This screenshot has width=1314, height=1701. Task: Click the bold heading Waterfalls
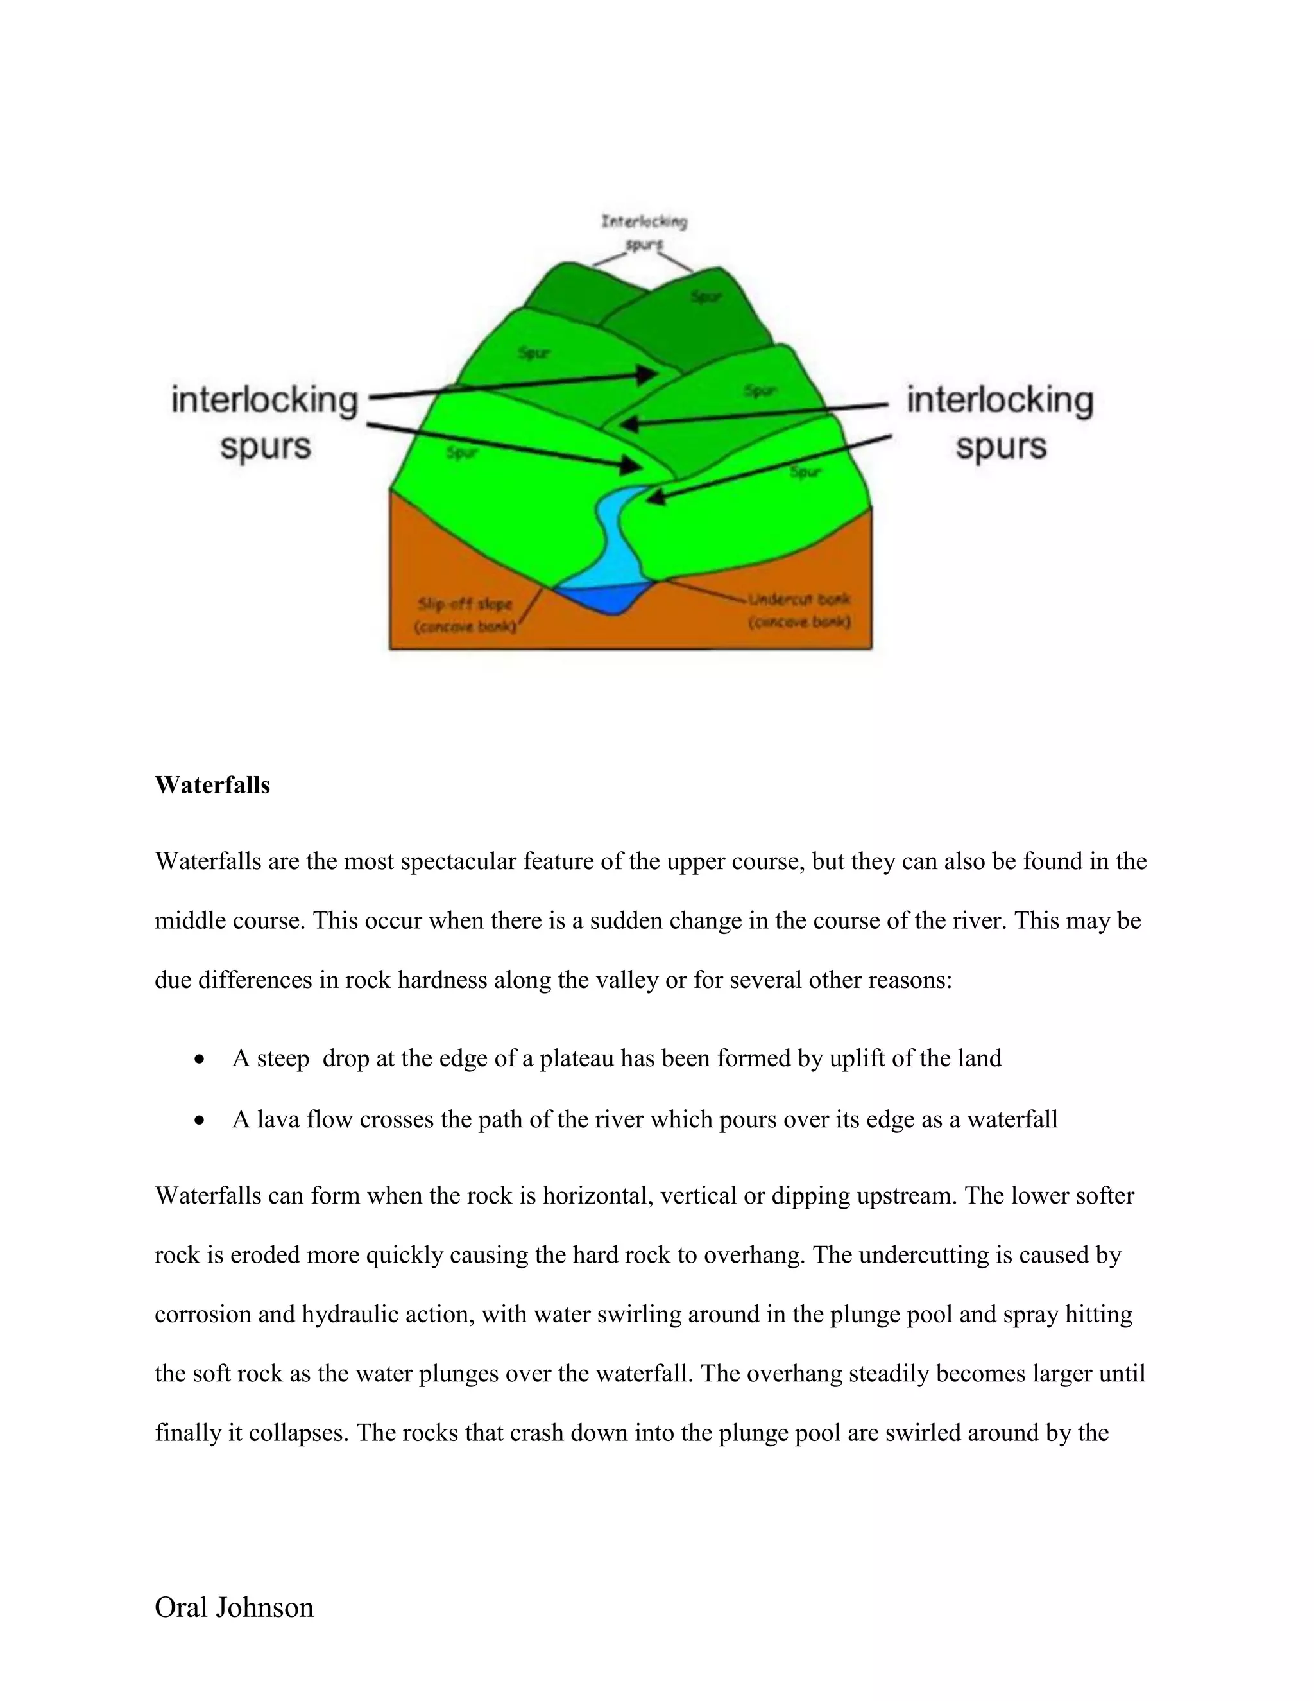[x=212, y=785]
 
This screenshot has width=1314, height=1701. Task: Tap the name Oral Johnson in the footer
[x=234, y=1607]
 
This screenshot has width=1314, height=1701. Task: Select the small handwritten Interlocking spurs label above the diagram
[x=644, y=232]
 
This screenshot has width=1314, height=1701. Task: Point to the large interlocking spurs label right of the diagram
[x=1000, y=423]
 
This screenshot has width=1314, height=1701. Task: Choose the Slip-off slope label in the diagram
[x=466, y=614]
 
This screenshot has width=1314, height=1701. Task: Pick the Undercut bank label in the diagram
[x=799, y=610]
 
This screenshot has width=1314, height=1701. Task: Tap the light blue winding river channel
[x=615, y=537]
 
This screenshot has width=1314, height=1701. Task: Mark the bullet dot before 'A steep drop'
[x=201, y=1060]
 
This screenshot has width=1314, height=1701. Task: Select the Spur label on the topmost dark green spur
[x=706, y=297]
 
